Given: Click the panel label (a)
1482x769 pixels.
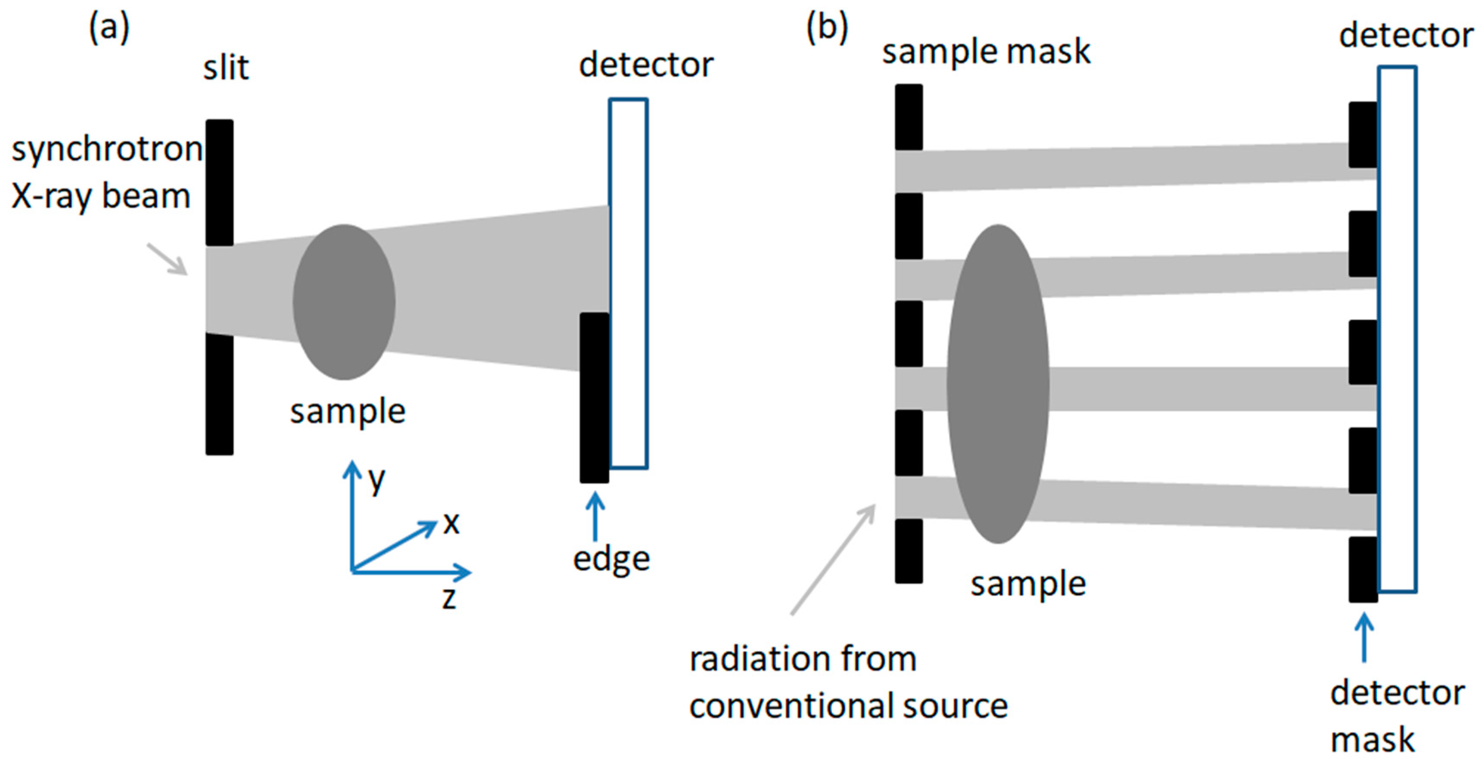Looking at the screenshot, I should (x=109, y=28).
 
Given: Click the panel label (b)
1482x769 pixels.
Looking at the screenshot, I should (x=827, y=28).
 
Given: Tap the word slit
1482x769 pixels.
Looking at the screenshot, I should (x=226, y=68).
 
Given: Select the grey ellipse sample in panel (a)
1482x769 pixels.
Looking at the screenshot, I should (x=344, y=302).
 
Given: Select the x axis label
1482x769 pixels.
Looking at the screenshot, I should (x=451, y=523).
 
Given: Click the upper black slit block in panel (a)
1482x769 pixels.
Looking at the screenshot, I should (x=220, y=182).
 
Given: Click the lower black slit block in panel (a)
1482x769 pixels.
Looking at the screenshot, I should (x=220, y=394).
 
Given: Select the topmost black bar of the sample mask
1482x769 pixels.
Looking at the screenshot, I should (x=908, y=117).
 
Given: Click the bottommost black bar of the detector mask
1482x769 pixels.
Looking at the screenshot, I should (x=1363, y=569).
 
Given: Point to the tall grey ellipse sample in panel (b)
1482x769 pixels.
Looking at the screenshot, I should (x=998, y=383).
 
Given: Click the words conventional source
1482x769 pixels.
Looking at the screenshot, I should (x=849, y=706).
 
